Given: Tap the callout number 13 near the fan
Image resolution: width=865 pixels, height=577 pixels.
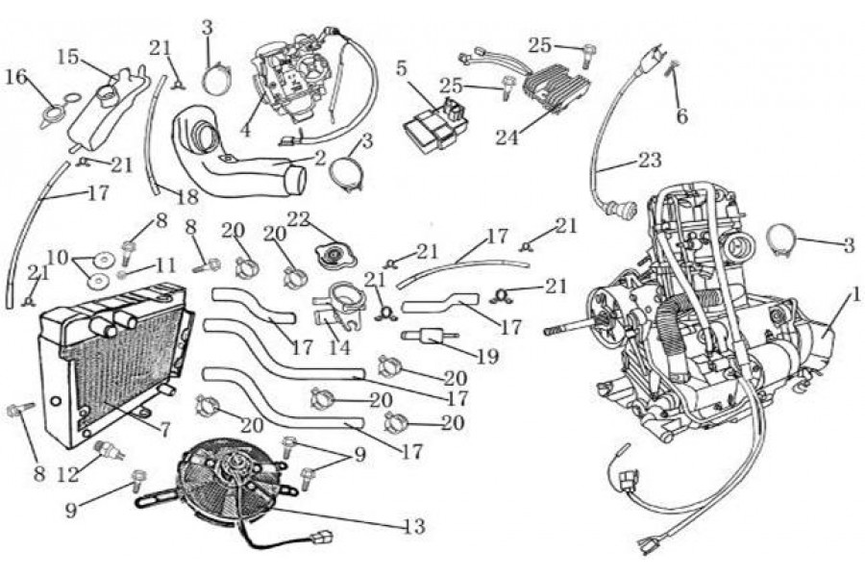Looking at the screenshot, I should coord(413,526).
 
